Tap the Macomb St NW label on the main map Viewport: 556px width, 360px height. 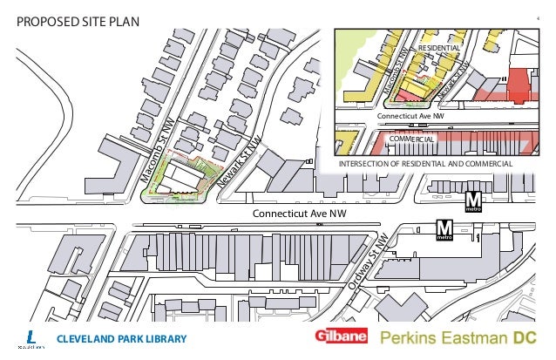[158, 149]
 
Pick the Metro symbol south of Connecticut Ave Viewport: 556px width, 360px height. [444, 231]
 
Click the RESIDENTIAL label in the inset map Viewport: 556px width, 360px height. [439, 45]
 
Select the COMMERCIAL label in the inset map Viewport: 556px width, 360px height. [411, 139]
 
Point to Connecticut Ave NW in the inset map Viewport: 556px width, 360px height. [410, 116]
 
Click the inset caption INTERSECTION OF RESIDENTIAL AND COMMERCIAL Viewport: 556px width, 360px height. [425, 163]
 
